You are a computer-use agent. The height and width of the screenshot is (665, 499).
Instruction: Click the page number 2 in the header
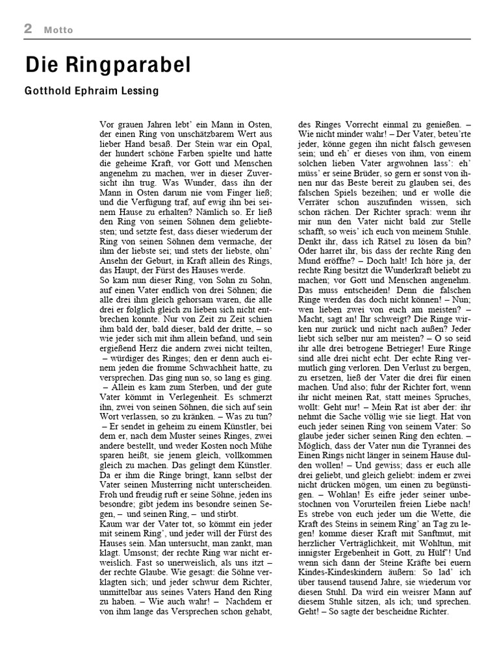[29, 28]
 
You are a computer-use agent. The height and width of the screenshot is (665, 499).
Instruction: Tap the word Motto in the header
[59, 30]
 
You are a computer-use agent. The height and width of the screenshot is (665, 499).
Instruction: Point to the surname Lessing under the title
[139, 91]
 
